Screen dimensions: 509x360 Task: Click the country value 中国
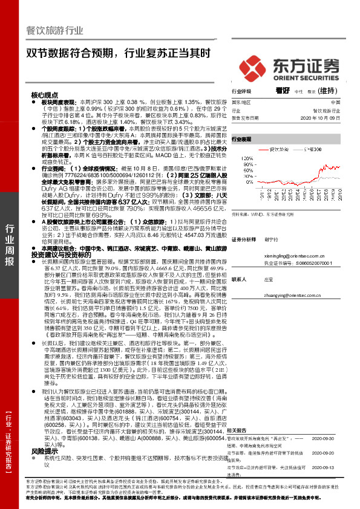point(335,103)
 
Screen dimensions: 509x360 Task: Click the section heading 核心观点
point(45,96)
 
